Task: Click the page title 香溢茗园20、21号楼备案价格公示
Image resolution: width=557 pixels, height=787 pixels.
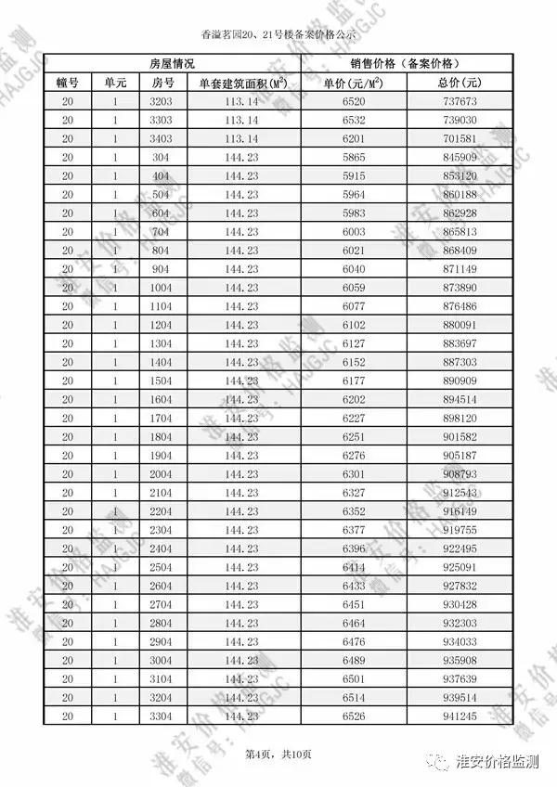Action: click(278, 34)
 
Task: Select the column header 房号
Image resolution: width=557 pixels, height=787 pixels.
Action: click(162, 83)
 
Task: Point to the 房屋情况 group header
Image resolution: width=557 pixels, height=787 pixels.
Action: click(172, 63)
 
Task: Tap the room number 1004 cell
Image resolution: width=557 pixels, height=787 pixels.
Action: click(162, 288)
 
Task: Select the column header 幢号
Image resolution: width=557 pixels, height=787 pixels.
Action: click(67, 83)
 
